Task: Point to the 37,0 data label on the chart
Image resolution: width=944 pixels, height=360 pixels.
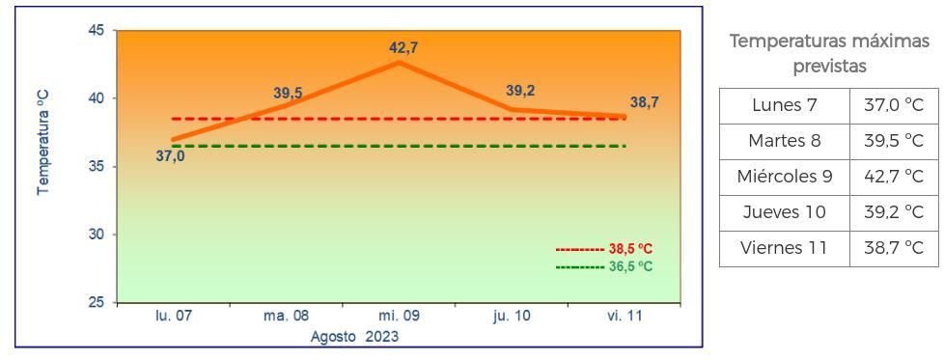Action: (170, 155)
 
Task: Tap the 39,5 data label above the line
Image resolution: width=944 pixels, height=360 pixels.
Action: (288, 93)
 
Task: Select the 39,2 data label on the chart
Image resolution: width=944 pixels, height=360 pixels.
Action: (520, 91)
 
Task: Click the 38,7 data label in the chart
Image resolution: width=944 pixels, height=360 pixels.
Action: (645, 102)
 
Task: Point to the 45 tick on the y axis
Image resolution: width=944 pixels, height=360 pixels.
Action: (96, 31)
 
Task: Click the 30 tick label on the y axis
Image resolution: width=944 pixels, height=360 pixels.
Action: (96, 235)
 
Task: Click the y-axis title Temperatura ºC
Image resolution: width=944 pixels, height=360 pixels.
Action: (43, 144)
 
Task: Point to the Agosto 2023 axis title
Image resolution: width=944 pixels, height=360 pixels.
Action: (354, 337)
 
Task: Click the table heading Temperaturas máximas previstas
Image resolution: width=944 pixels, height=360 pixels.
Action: (829, 54)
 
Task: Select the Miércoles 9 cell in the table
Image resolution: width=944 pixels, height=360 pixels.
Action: (784, 177)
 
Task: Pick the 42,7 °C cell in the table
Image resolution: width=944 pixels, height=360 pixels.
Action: (893, 177)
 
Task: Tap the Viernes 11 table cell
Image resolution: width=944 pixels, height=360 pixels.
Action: (784, 248)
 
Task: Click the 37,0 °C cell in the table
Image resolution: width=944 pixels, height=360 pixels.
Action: (893, 105)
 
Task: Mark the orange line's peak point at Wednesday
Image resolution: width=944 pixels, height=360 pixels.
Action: (399, 63)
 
